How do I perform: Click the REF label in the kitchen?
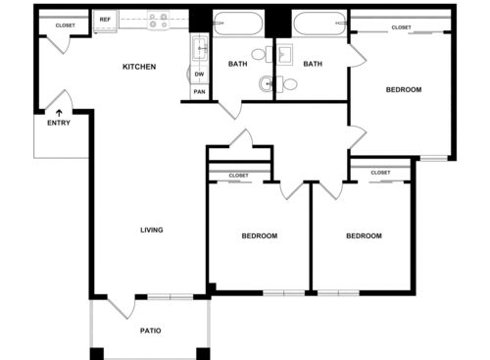pos(105,19)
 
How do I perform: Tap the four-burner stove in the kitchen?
pos(158,19)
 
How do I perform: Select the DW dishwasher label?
pos(199,74)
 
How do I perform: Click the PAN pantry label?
pos(199,92)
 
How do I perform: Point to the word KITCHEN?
pos(138,67)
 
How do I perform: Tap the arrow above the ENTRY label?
pos(59,112)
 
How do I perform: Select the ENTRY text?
pos(59,123)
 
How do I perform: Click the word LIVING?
pos(151,231)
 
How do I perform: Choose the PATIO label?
pos(150,331)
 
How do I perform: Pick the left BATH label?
pos(238,65)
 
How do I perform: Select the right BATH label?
pos(313,65)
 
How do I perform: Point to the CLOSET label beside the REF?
pos(65,26)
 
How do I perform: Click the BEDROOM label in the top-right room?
pos(404,90)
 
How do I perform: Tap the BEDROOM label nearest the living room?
pos(260,236)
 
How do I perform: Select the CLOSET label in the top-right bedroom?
pos(401,27)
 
